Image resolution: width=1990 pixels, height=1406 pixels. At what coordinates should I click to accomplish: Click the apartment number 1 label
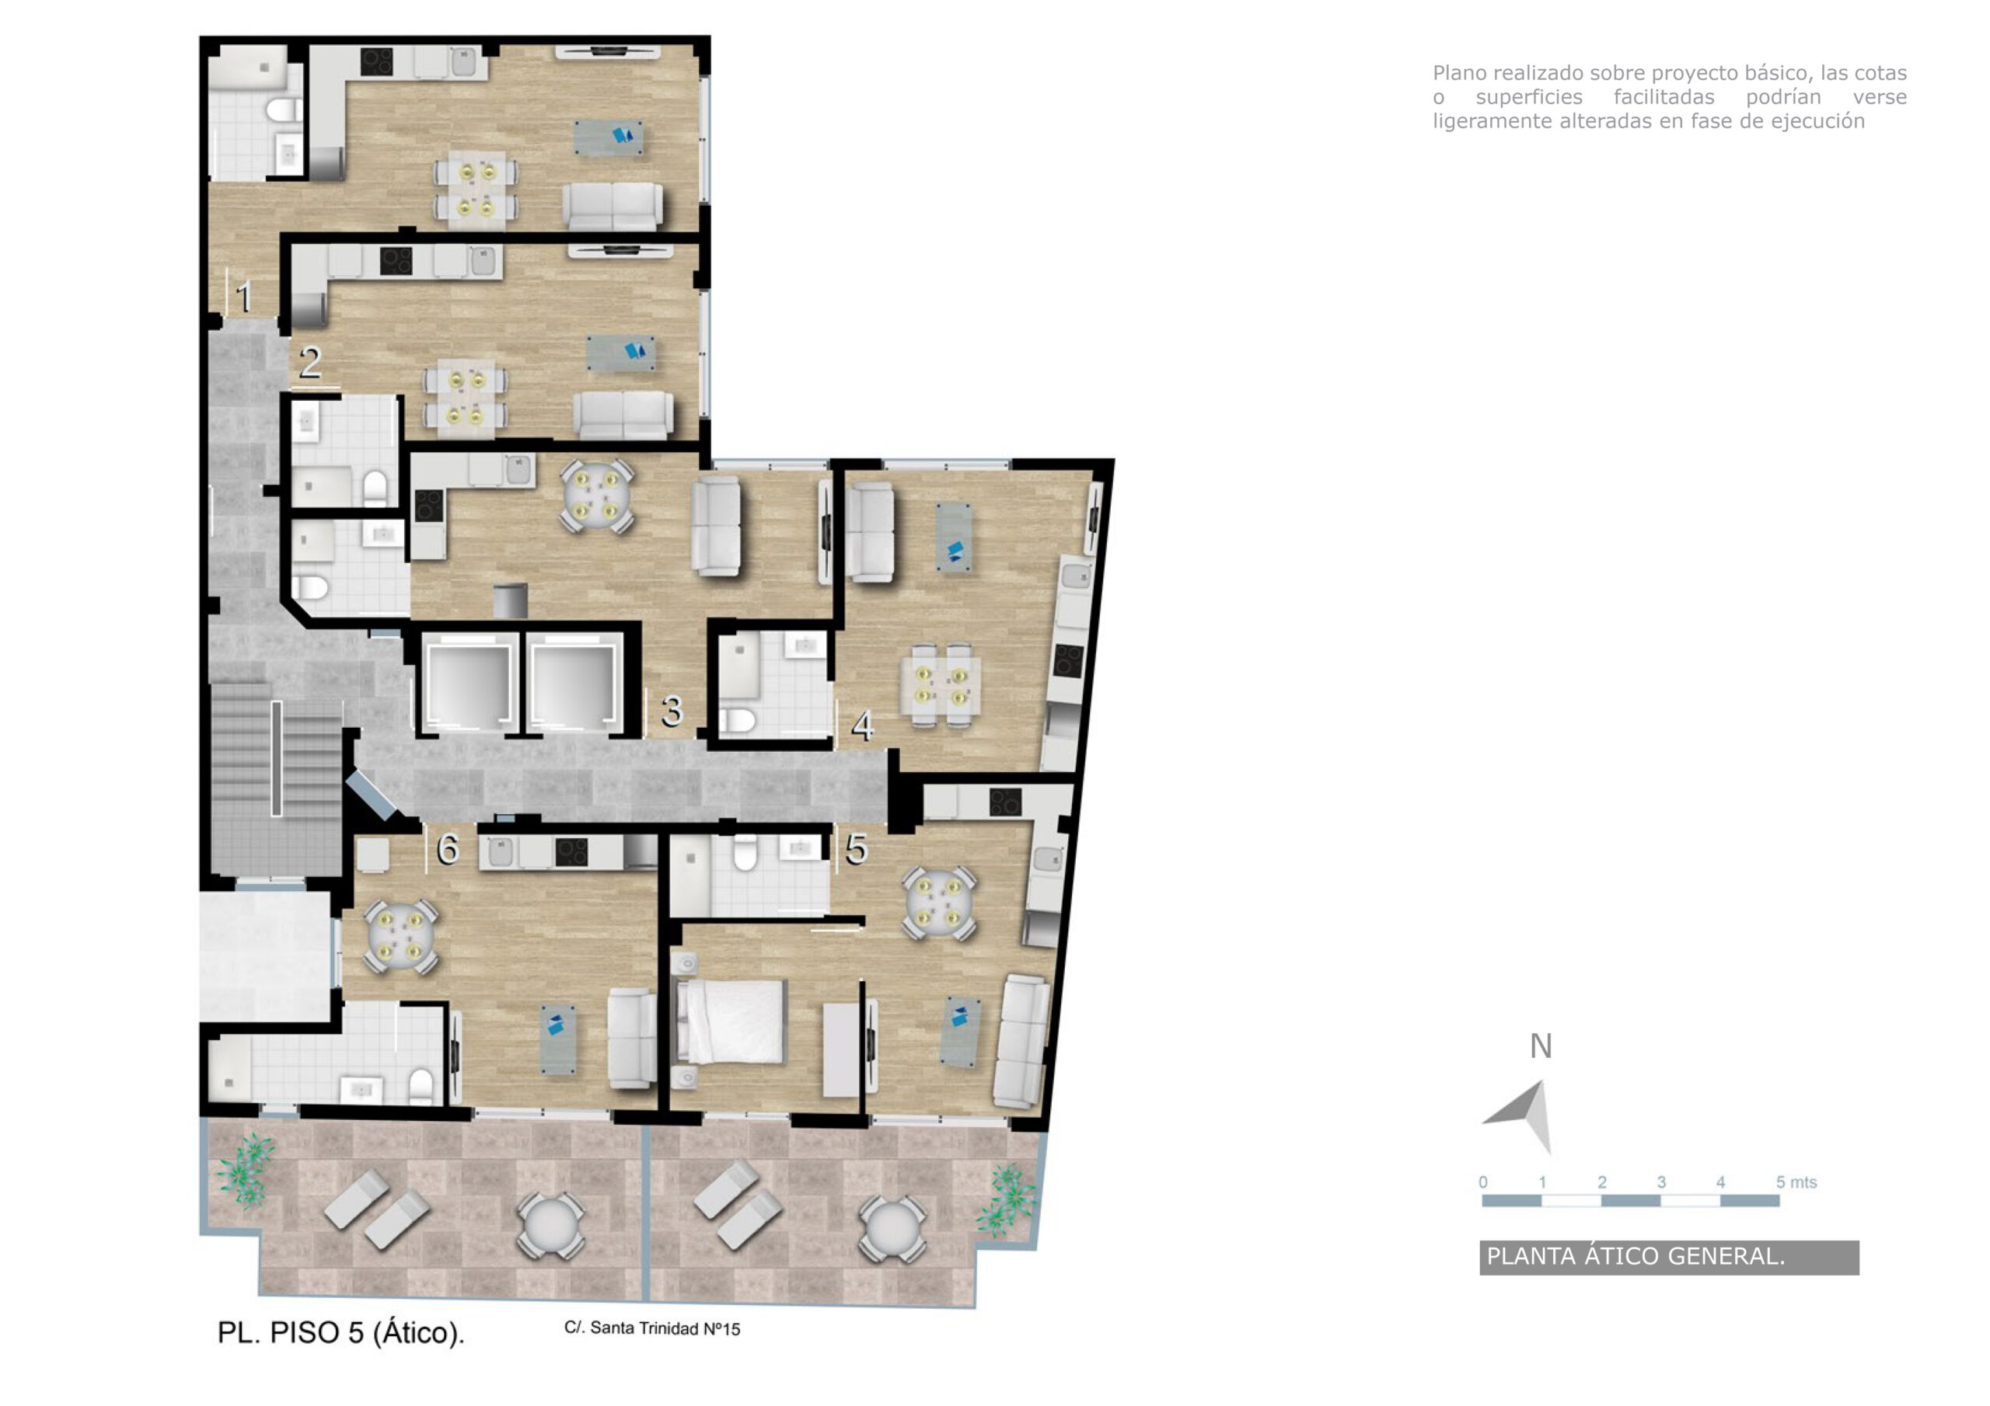pyautogui.click(x=243, y=298)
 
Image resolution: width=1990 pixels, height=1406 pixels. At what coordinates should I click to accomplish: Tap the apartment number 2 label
pyautogui.click(x=310, y=362)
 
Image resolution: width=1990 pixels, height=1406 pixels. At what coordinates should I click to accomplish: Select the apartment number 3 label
pyautogui.click(x=672, y=712)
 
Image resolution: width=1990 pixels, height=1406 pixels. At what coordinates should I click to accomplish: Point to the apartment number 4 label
pyautogui.click(x=861, y=726)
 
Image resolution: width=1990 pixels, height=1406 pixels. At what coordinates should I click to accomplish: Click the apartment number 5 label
pyautogui.click(x=857, y=849)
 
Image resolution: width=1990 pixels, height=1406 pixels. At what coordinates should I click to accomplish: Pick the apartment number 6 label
pyautogui.click(x=447, y=849)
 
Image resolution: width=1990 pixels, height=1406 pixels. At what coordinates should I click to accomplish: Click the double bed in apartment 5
pyautogui.click(x=732, y=1021)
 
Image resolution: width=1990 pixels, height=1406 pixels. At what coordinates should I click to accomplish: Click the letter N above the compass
pyautogui.click(x=1540, y=1046)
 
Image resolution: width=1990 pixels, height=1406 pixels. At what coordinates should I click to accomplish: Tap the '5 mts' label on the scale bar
pyautogui.click(x=1796, y=1182)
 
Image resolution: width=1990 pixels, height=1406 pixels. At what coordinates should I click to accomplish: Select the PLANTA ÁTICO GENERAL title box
pyautogui.click(x=1668, y=1257)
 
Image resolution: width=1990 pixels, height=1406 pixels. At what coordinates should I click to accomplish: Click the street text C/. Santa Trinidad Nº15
pyautogui.click(x=651, y=1328)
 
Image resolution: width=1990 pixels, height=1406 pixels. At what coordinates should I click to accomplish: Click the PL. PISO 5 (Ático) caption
pyautogui.click(x=340, y=1332)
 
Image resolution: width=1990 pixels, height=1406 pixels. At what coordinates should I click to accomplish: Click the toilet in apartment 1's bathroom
pyautogui.click(x=282, y=110)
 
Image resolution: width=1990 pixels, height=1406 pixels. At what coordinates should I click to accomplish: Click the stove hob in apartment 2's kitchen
pyautogui.click(x=396, y=260)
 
